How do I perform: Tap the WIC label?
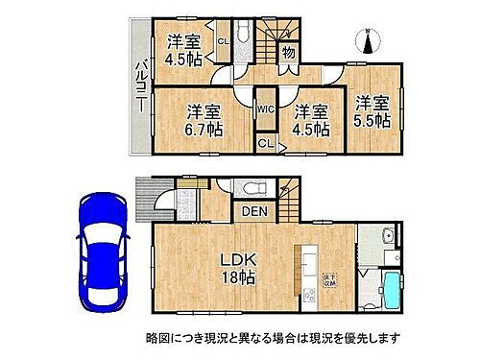point(268,108)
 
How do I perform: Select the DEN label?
point(254,211)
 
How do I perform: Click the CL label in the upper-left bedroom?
point(222,40)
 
